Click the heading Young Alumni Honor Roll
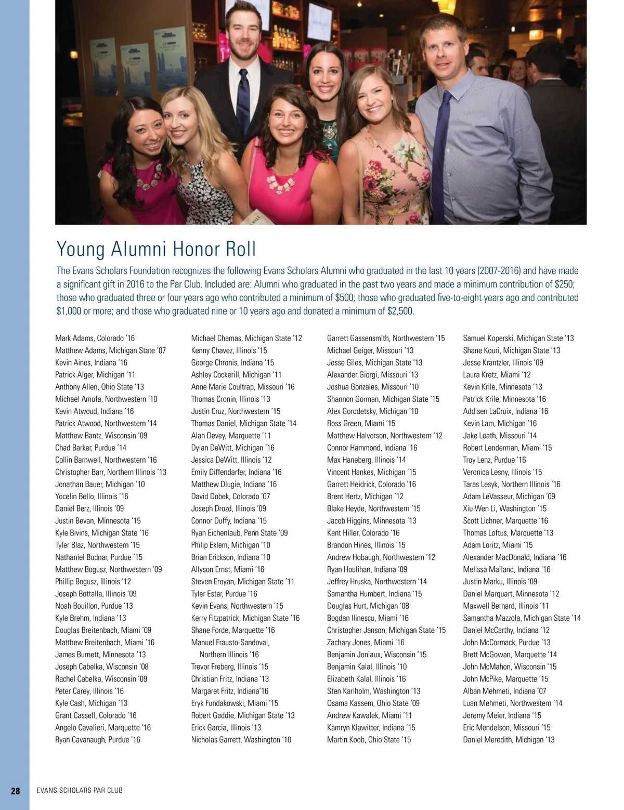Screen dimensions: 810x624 pos(156,249)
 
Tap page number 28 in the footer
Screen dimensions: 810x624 pos(16,791)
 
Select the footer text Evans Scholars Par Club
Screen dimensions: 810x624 pos(80,791)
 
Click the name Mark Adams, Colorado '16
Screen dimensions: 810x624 pos(95,338)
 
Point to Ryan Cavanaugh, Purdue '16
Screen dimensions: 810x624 pos(97,740)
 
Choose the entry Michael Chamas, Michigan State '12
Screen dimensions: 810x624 pos(246,338)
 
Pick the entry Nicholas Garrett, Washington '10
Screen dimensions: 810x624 pos(241,740)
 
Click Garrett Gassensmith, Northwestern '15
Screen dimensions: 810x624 pos(385,338)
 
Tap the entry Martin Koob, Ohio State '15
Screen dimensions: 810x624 pos(369,740)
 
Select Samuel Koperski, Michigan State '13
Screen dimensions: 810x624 pos(518,338)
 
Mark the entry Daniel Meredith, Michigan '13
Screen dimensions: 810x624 pos(509,740)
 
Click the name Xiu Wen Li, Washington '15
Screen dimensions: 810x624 pos(504,508)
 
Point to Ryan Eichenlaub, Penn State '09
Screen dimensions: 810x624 pos(239,533)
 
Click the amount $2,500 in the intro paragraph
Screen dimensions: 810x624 pos(400,311)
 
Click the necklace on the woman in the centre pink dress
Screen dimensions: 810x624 pos(280,182)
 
